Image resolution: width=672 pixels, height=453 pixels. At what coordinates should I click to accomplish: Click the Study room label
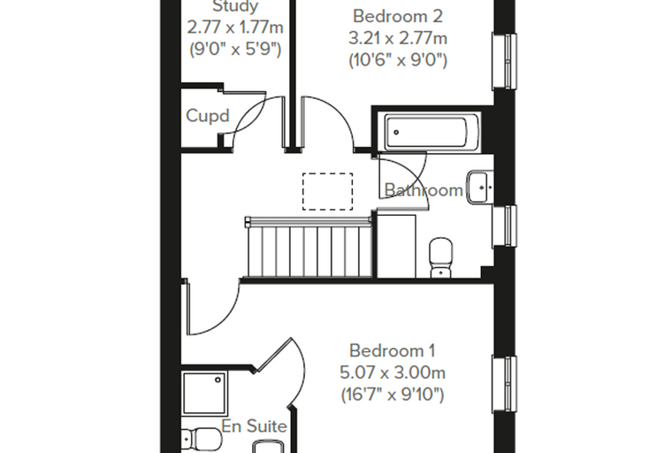point(235,6)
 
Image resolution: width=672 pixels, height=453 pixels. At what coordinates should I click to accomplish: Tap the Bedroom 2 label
point(398,17)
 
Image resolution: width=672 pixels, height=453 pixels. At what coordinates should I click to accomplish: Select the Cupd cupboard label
point(208,116)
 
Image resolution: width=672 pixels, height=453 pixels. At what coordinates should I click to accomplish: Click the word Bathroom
point(424,190)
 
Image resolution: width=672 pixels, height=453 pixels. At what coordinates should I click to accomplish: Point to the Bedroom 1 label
point(392,351)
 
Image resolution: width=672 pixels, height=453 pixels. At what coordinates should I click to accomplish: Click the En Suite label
point(254,426)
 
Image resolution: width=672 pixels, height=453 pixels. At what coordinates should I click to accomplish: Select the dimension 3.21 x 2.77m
point(398,39)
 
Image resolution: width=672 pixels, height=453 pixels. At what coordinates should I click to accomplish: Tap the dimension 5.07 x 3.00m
point(393,372)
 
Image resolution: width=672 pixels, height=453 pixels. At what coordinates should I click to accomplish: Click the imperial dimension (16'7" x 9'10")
point(393,395)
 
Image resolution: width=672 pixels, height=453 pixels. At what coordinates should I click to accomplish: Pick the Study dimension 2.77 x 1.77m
point(235,28)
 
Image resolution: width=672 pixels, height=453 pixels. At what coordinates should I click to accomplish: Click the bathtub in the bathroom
point(432,132)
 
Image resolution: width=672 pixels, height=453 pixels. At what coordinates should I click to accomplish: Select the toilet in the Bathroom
point(440,257)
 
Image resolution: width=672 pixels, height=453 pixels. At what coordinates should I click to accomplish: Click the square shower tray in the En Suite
point(205,394)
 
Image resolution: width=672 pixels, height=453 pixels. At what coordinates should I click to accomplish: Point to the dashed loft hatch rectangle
point(328,191)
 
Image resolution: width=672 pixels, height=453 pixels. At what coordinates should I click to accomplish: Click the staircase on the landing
point(309,248)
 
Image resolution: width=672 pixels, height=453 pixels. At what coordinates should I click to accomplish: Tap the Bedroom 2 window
point(504,61)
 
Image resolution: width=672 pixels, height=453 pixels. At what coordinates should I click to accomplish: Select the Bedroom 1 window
point(504,385)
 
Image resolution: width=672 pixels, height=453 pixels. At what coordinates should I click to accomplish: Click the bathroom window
point(504,226)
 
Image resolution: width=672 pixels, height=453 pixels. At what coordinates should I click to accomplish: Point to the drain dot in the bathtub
point(396,133)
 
